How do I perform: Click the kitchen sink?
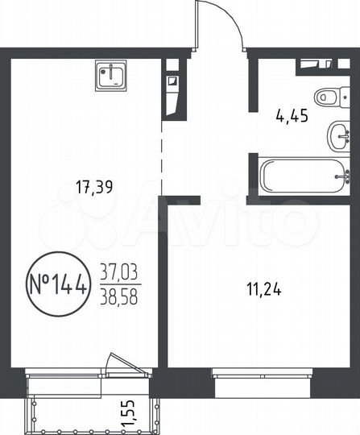(x=110, y=76)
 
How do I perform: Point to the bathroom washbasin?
(x=339, y=135)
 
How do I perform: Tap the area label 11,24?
(x=246, y=284)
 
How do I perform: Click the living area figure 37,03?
(x=119, y=271)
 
